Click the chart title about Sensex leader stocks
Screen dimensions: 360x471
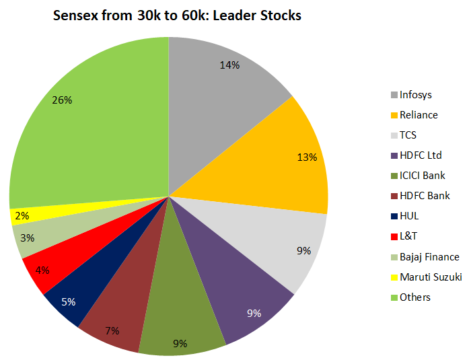pos(177,15)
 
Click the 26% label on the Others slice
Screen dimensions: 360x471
pos(62,100)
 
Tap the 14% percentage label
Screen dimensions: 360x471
pos(230,65)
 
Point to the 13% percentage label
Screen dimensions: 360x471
pos(307,157)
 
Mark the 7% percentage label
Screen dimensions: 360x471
pos(112,330)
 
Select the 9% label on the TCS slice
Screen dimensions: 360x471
pos(303,250)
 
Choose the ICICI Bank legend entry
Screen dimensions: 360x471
pos(422,175)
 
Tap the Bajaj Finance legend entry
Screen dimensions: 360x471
pos(429,256)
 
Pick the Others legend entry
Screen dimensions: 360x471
pos(414,297)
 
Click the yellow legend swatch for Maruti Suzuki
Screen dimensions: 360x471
pos(394,277)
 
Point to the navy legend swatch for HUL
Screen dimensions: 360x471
pos(394,216)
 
